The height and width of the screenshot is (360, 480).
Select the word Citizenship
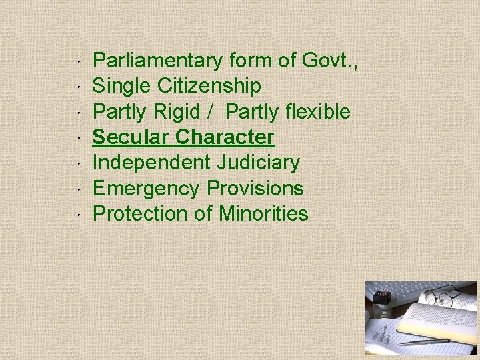(x=209, y=87)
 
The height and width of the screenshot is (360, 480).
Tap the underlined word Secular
(x=131, y=137)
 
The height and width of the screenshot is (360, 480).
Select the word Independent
(x=151, y=163)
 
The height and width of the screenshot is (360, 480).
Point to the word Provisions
(x=255, y=189)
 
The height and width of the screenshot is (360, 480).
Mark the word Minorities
(x=263, y=214)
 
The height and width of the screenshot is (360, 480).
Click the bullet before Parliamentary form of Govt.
(x=79, y=61)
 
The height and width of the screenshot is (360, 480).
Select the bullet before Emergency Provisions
(x=79, y=189)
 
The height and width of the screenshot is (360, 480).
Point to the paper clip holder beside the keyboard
(x=382, y=303)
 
